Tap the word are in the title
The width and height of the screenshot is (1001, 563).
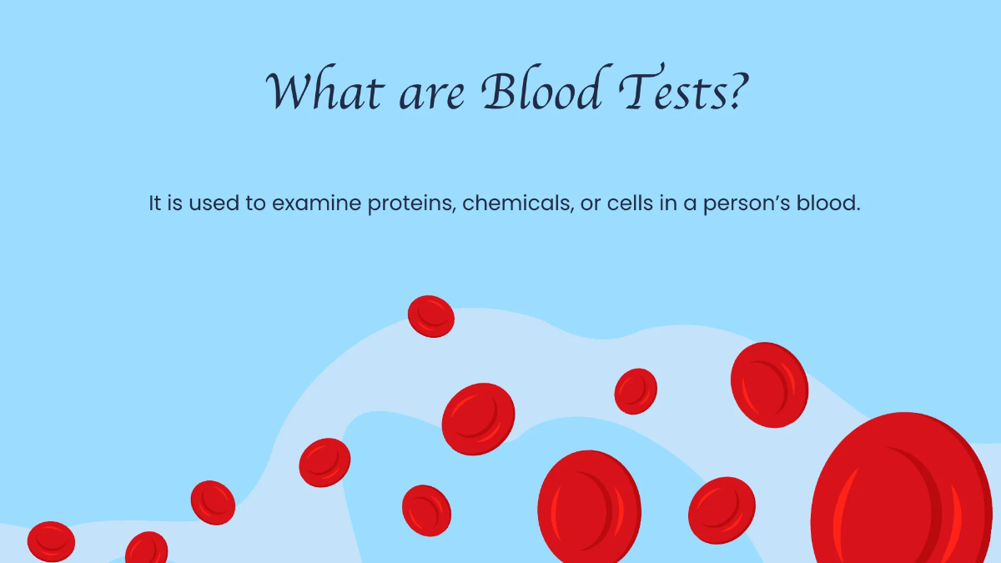click(x=434, y=93)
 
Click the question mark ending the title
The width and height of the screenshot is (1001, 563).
click(x=729, y=90)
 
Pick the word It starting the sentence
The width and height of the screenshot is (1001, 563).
click(x=155, y=204)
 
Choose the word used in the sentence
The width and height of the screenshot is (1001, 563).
click(x=214, y=204)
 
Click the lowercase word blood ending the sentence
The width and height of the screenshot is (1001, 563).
click(x=829, y=204)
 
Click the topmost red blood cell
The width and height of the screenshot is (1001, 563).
click(x=431, y=316)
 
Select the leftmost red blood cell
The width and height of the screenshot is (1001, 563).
click(x=51, y=541)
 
